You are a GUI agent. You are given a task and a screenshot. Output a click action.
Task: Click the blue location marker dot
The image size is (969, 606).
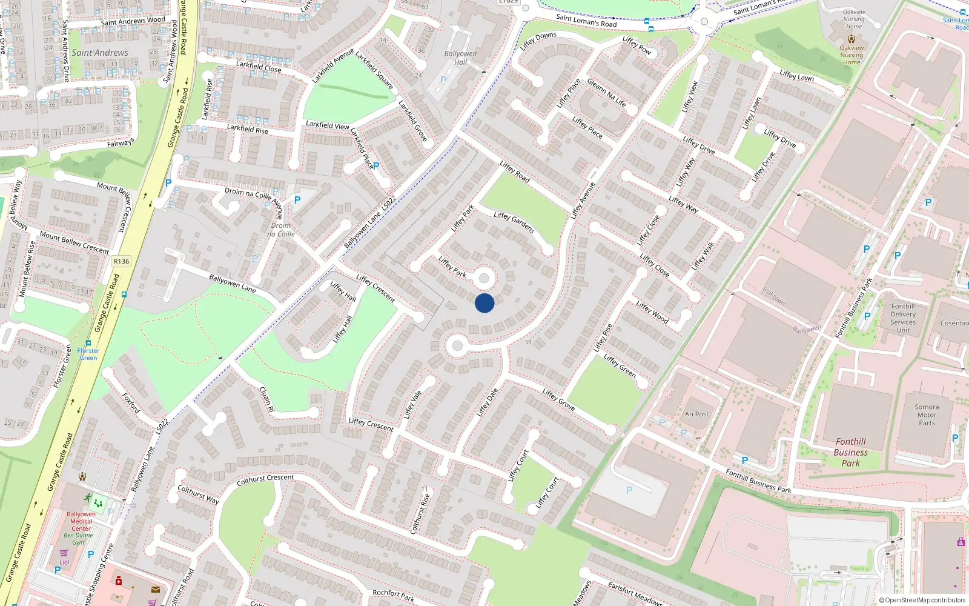[484, 303]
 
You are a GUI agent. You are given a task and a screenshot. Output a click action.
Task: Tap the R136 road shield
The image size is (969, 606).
[121, 261]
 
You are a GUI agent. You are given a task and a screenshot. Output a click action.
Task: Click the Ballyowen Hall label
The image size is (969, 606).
[460, 58]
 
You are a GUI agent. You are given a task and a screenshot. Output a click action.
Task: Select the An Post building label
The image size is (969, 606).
[696, 414]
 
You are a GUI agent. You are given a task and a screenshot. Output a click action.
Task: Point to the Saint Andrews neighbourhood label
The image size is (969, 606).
[100, 53]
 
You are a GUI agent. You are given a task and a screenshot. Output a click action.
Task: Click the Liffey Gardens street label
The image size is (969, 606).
[514, 222]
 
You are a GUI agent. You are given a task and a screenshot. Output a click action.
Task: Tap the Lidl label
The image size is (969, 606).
[64, 562]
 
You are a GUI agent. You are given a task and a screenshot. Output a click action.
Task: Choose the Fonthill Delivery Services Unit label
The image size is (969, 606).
[903, 318]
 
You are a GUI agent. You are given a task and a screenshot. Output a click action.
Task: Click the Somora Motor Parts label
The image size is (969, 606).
[927, 415]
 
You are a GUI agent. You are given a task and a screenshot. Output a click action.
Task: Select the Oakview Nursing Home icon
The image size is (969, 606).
[852, 39]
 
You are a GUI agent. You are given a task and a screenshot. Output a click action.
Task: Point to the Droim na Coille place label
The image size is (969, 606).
[281, 230]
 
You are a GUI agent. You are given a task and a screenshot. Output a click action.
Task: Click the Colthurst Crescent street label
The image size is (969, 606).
[265, 479]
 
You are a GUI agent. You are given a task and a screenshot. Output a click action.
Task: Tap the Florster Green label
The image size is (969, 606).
[88, 354]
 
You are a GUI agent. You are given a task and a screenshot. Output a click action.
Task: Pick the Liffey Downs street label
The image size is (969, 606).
[538, 41]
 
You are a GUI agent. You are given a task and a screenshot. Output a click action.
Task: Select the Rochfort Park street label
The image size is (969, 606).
[394, 595]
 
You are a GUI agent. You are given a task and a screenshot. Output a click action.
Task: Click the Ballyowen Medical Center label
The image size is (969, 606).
[81, 521]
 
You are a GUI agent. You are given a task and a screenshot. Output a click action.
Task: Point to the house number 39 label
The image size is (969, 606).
[528, 342]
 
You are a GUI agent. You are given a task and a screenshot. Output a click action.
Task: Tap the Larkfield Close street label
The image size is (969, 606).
[259, 67]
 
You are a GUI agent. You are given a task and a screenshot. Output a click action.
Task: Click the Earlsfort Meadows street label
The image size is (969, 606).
[635, 593]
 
